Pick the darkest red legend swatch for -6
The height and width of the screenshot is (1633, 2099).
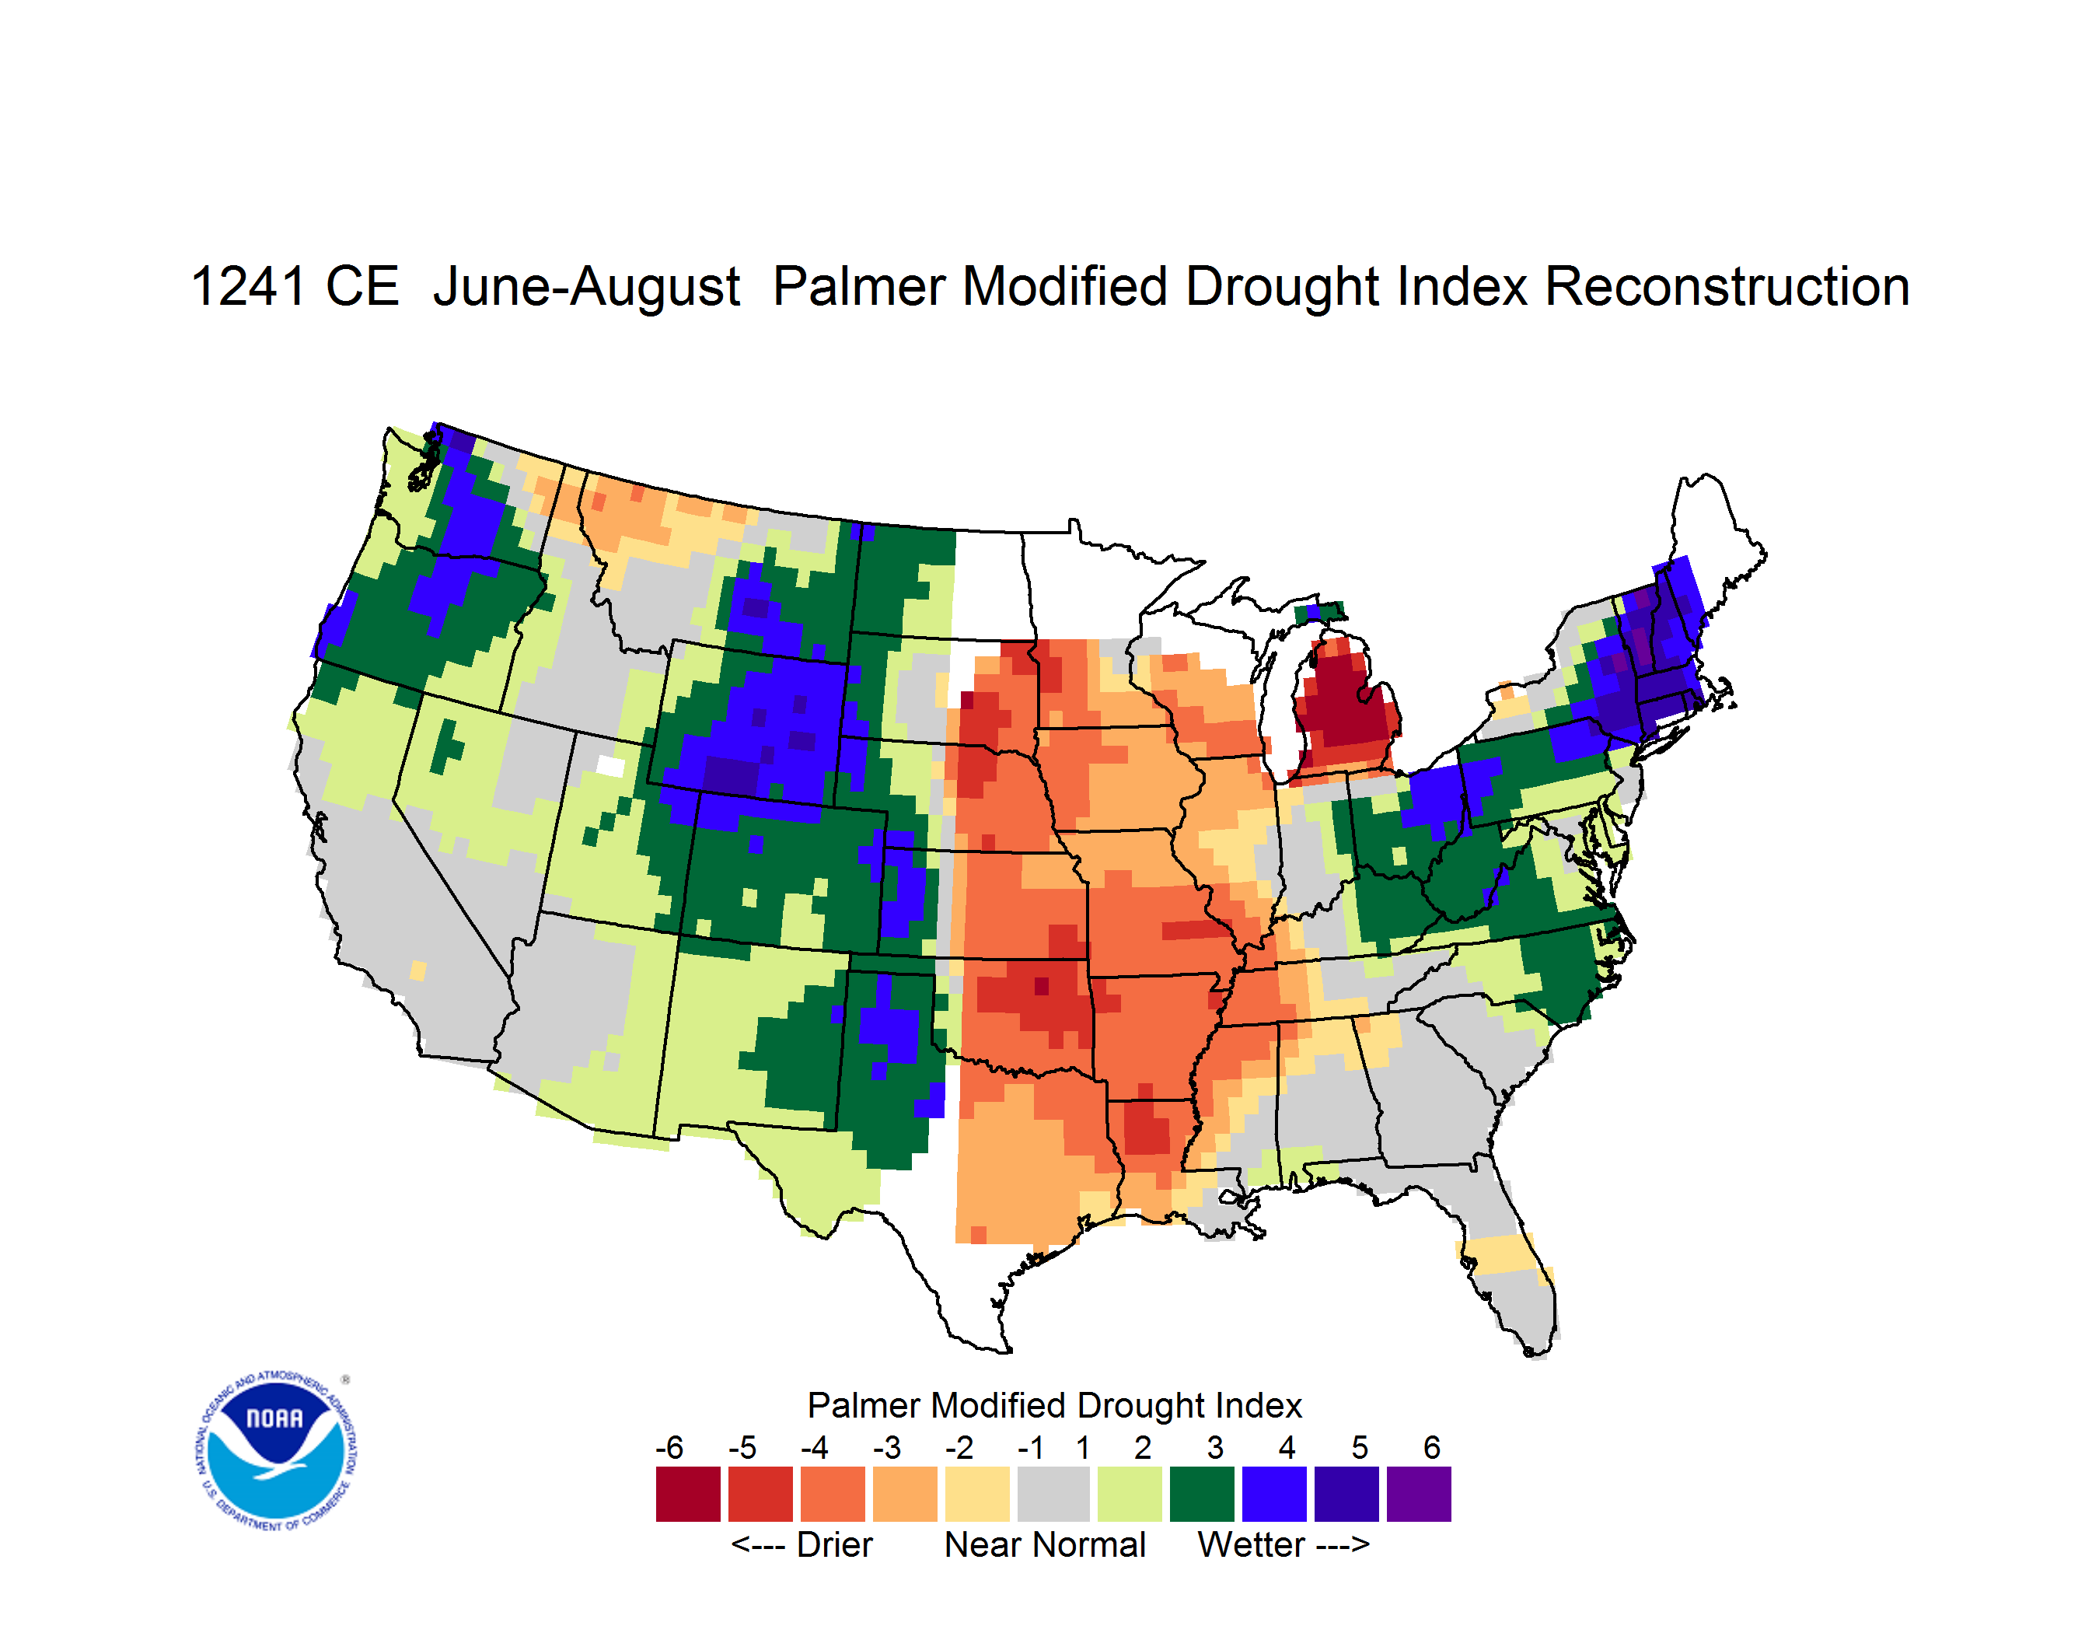pos(688,1494)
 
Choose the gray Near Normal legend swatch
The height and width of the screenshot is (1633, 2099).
pos(1053,1494)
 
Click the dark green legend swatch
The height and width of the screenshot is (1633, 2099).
pos(1201,1494)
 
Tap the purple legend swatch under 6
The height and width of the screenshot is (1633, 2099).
pos(1419,1494)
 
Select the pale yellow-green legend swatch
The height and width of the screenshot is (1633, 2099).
pos(1130,1494)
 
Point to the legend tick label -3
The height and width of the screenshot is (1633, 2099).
pos(886,1447)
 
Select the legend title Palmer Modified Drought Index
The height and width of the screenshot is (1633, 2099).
pos(1054,1405)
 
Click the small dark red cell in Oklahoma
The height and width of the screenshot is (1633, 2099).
pos(1042,986)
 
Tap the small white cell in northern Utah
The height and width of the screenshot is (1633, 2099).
pos(610,766)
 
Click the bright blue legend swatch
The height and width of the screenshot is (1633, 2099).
pos(1273,1494)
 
